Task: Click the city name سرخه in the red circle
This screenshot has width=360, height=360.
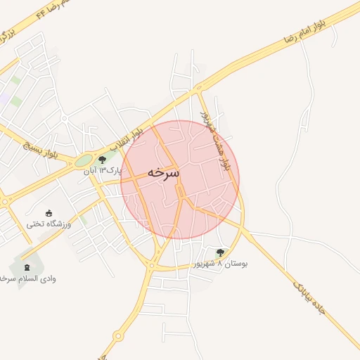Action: [164, 173]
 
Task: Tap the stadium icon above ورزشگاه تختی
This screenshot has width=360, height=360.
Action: [48, 213]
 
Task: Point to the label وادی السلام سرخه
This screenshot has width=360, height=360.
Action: [27, 278]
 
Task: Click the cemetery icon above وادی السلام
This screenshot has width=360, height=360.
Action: [27, 268]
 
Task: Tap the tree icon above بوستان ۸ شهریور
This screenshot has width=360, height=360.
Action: [221, 252]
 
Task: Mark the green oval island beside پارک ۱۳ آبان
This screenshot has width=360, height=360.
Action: [84, 161]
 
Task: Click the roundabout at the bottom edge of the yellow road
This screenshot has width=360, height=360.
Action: [116, 335]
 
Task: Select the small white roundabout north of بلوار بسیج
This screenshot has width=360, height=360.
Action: [64, 119]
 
